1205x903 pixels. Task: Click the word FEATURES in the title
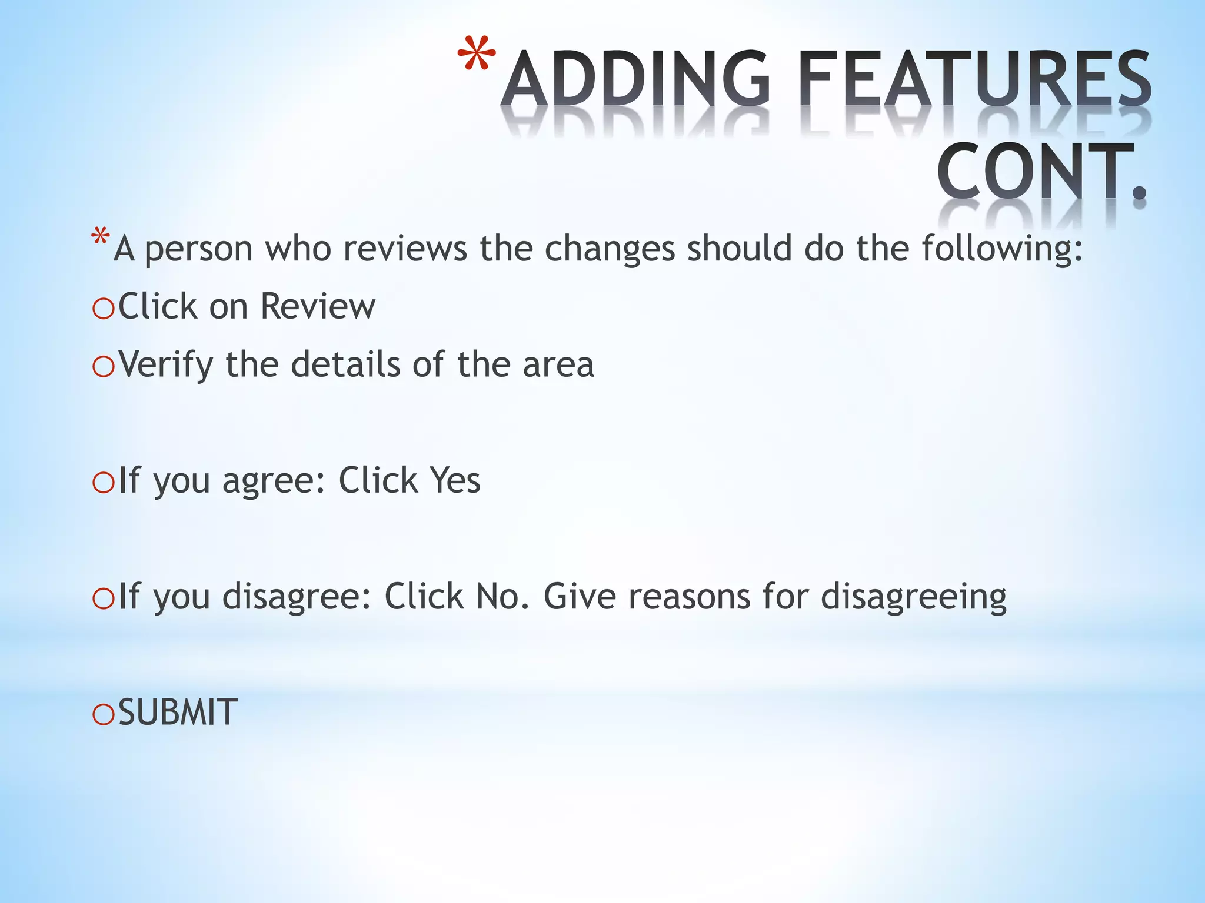pos(974,79)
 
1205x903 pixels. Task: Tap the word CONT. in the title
pos(1041,170)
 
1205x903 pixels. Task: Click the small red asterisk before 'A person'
pos(100,238)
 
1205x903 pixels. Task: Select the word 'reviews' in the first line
pos(405,248)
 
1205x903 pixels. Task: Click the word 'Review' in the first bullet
pos(317,306)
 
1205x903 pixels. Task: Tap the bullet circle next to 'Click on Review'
pos(104,309)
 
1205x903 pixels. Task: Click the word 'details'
pos(345,364)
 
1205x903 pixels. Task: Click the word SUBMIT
pos(178,713)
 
